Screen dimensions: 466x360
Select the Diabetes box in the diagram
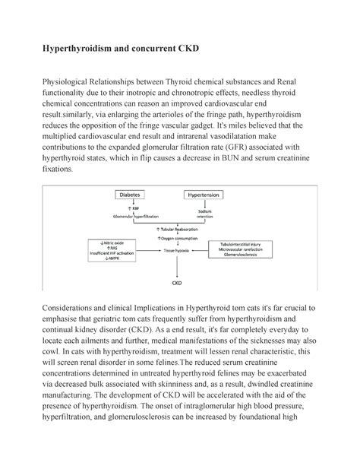click(130, 195)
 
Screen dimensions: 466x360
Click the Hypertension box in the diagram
click(207, 195)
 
